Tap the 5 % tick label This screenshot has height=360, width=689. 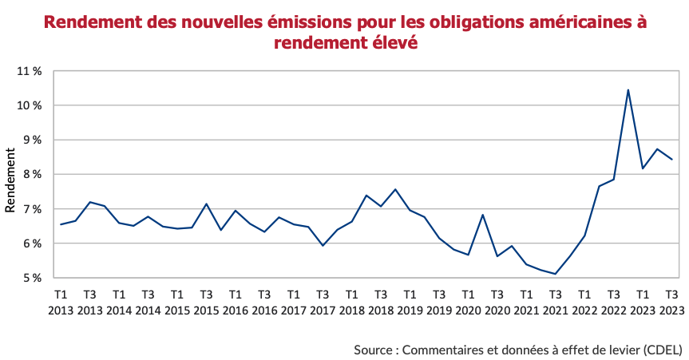[32, 278]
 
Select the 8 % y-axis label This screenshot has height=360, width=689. [32, 174]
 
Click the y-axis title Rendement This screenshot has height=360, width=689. [10, 180]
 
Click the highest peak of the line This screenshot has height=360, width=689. [628, 90]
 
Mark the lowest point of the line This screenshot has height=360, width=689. [555, 274]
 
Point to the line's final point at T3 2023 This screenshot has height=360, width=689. [671, 160]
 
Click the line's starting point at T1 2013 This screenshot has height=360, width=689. [61, 224]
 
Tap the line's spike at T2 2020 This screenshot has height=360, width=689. [482, 215]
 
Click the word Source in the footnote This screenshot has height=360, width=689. [374, 350]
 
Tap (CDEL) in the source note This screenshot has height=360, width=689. [662, 350]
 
